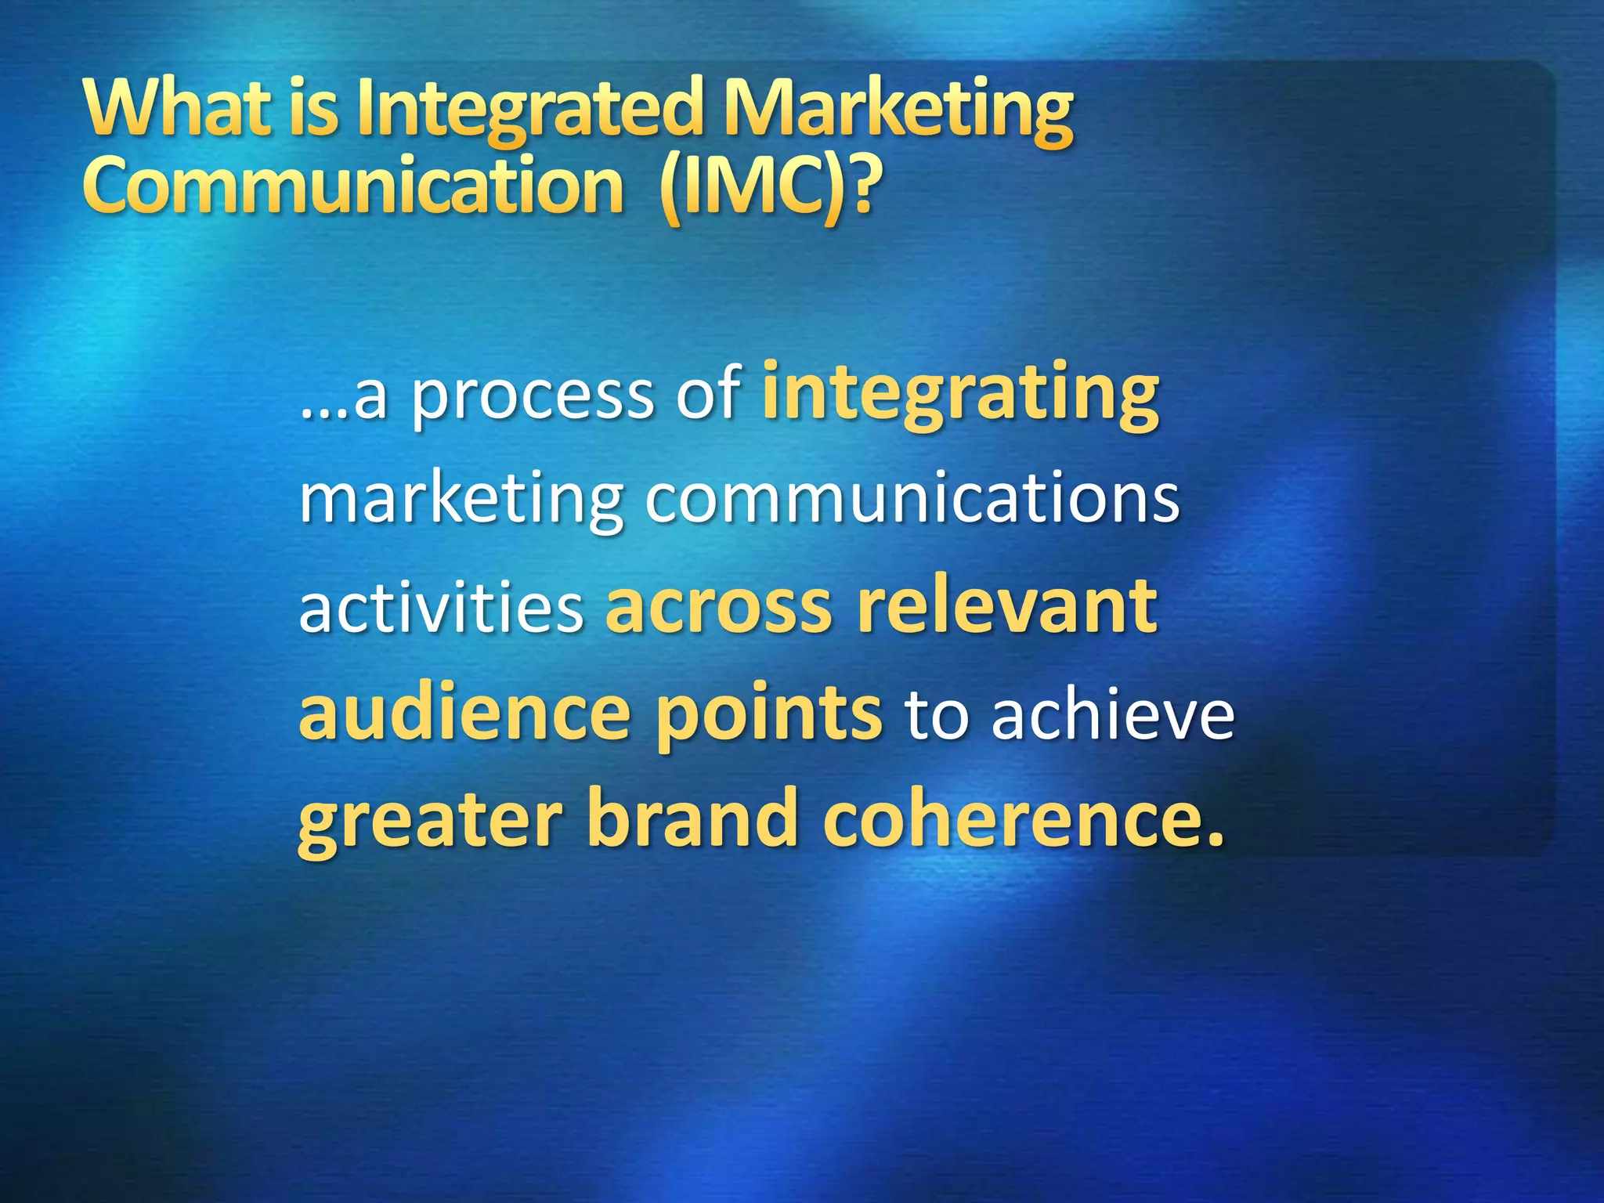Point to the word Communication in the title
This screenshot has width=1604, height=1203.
(x=352, y=185)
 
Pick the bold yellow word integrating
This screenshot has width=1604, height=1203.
(x=960, y=392)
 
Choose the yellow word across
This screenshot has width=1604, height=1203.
(x=718, y=607)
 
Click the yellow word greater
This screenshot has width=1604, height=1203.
(x=430, y=822)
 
